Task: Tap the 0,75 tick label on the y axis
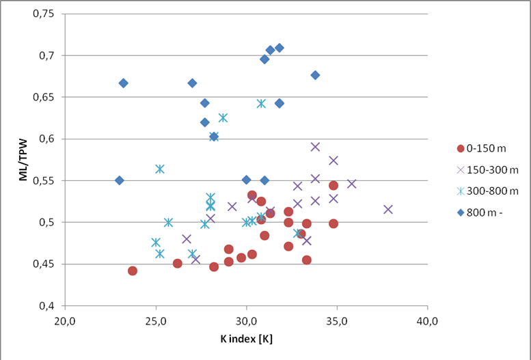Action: [46, 14]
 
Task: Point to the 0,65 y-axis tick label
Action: [46, 97]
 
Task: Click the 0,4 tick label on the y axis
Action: [51, 305]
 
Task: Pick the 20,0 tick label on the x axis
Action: [66, 319]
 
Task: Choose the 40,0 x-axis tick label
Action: [428, 319]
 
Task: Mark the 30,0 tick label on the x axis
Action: [247, 319]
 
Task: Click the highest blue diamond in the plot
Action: [279, 48]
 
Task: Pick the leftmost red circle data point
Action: [133, 271]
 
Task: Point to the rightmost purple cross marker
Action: [388, 209]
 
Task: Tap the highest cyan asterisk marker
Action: [261, 103]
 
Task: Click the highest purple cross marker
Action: [315, 146]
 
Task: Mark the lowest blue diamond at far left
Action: [120, 180]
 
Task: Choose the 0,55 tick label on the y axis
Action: [46, 180]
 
